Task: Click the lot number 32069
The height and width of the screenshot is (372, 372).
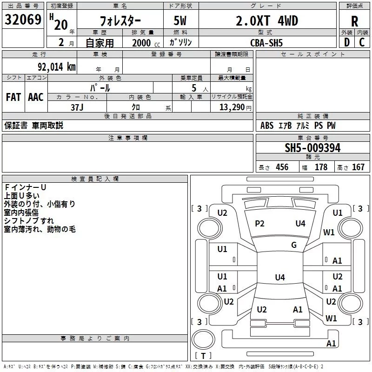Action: coord(23,20)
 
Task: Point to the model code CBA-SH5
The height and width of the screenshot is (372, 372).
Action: coord(266,43)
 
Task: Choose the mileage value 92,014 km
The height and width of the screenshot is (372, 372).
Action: coord(53,66)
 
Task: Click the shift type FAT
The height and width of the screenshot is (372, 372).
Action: coord(13,97)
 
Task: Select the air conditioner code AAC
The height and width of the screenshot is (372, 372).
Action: coord(36,97)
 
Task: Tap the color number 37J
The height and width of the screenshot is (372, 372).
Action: coord(77,107)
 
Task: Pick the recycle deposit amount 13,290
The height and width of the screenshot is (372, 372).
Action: coord(232,107)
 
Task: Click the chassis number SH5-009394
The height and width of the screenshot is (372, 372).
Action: coord(312,148)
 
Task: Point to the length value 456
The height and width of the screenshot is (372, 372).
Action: coord(282,167)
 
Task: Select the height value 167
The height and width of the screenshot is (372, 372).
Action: coord(358,167)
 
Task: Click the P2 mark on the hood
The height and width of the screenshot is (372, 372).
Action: coord(259,224)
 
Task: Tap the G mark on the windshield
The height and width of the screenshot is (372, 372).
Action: coord(294,245)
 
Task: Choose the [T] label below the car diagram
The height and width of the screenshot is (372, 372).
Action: coord(203,356)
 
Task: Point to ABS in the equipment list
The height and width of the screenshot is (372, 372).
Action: coord(267,126)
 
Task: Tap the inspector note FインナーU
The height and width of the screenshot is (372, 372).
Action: coord(25,187)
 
